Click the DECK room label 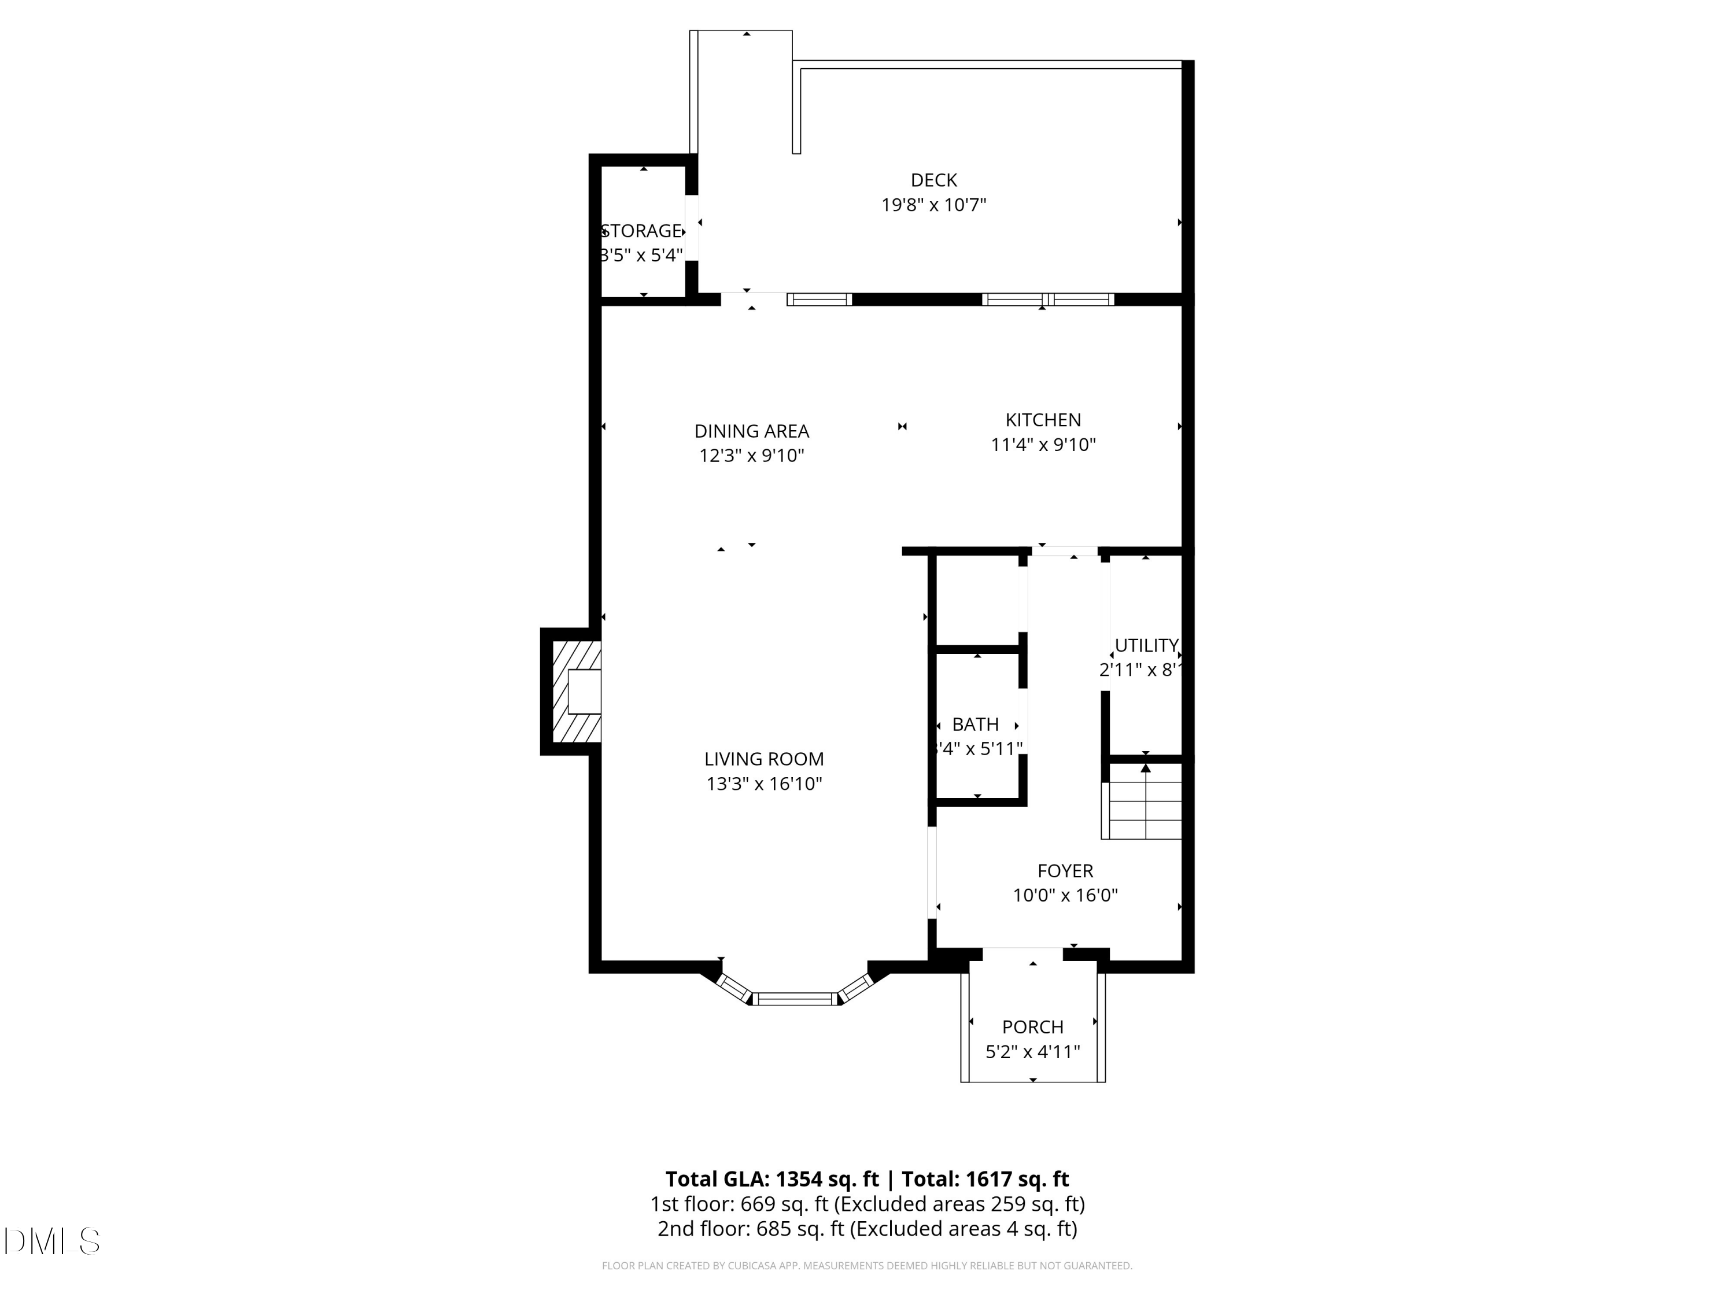[x=933, y=180]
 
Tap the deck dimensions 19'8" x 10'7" [x=933, y=205]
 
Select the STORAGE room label [x=641, y=231]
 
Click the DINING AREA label [x=751, y=431]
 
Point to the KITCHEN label [x=1043, y=420]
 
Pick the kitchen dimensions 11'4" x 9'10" [x=1043, y=445]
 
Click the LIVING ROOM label [x=764, y=759]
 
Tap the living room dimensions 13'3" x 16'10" [x=764, y=784]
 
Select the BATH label [x=975, y=725]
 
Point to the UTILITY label [x=1146, y=645]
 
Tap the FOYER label [x=1065, y=870]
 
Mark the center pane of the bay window [x=795, y=998]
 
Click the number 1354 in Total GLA [x=799, y=1180]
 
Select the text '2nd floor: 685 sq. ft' [x=751, y=1229]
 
